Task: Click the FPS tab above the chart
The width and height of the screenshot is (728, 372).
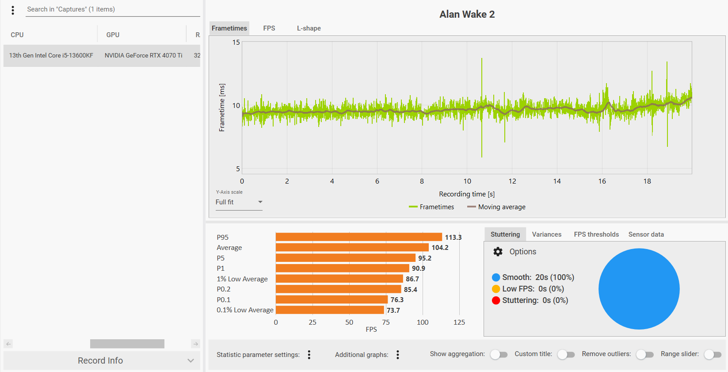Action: click(269, 28)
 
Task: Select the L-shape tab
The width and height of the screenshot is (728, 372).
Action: click(309, 28)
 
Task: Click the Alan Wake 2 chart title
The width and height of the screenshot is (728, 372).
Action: click(467, 14)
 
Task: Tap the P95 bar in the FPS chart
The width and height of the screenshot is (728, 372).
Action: click(358, 237)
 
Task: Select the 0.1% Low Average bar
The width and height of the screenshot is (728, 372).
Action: click(330, 310)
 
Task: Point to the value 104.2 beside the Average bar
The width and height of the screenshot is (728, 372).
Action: click(440, 248)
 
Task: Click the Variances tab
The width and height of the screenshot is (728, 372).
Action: click(546, 234)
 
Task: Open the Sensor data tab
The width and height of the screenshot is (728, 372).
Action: click(646, 234)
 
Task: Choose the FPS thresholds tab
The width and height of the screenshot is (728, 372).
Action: click(596, 234)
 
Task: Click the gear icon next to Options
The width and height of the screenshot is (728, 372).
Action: click(498, 252)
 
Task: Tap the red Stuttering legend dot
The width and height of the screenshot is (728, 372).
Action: click(496, 300)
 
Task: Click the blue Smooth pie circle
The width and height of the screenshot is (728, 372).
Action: click(639, 289)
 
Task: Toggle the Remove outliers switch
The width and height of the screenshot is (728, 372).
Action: click(645, 354)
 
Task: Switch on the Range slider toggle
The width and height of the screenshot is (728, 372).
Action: click(713, 354)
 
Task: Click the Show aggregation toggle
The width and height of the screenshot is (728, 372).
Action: click(499, 354)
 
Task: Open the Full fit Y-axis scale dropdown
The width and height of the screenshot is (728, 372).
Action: click(239, 202)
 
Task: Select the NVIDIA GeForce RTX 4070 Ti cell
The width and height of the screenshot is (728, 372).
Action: click(143, 56)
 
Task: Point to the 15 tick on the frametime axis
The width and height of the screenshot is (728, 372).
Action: click(236, 42)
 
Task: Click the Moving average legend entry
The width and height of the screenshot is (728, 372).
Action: click(496, 207)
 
